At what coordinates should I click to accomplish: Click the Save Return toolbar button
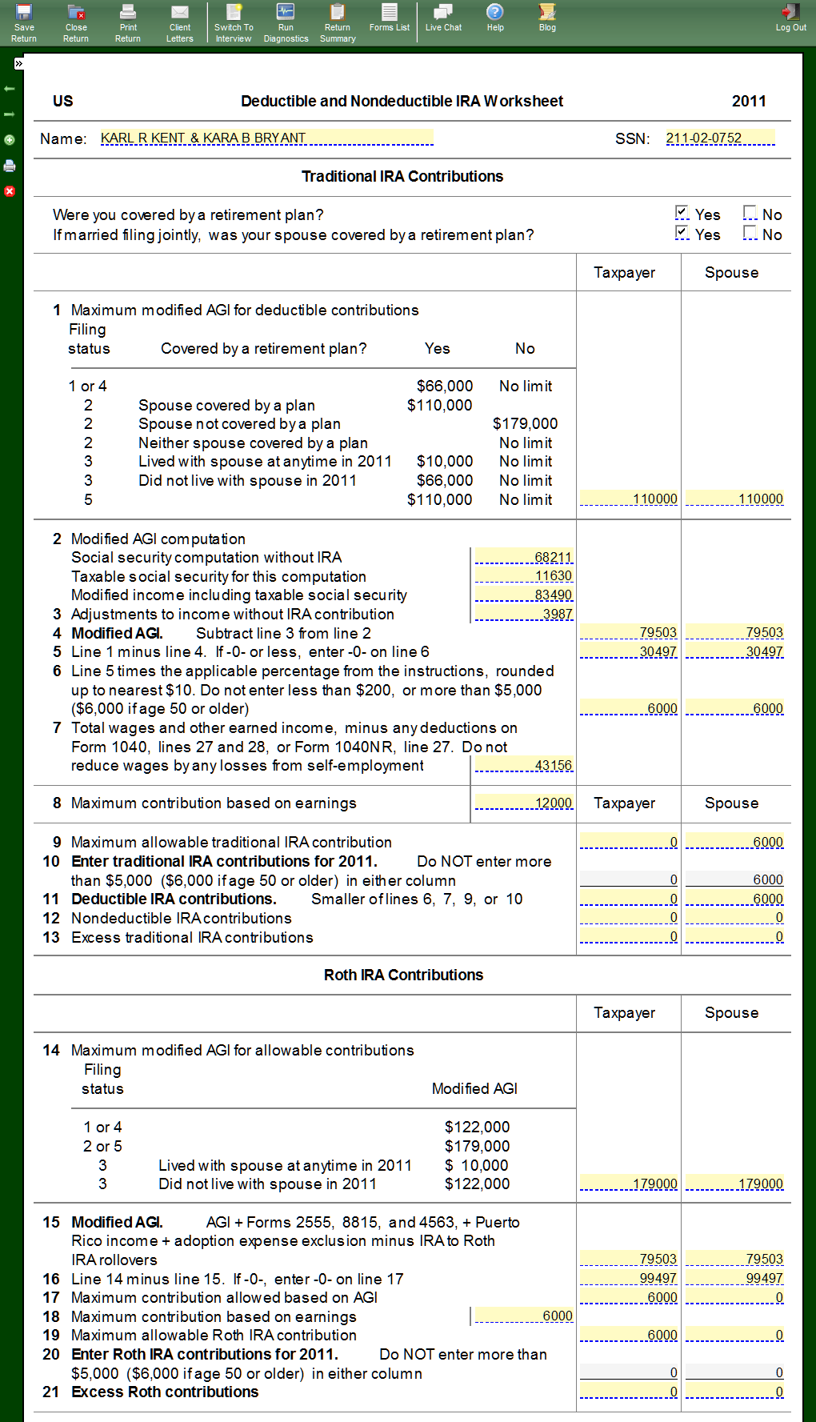(x=24, y=22)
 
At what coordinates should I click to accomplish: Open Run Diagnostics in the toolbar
(x=286, y=22)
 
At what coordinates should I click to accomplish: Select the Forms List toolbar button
(x=390, y=18)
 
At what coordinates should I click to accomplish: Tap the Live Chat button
(x=443, y=18)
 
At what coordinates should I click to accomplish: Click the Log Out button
(x=790, y=18)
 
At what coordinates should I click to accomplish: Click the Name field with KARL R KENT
(x=266, y=138)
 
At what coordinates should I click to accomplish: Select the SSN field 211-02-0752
(x=720, y=138)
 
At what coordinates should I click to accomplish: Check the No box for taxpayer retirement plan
(x=750, y=213)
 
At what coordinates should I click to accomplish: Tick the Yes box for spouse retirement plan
(x=682, y=233)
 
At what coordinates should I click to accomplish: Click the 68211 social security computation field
(x=524, y=557)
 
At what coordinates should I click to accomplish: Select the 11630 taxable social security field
(x=524, y=576)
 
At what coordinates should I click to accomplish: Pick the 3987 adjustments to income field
(x=524, y=614)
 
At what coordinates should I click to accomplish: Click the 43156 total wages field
(x=524, y=766)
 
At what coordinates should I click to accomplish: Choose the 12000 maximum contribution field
(x=524, y=803)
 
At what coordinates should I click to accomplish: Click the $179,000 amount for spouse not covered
(x=525, y=424)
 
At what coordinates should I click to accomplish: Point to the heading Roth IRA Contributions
(x=403, y=975)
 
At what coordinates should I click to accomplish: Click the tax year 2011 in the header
(x=748, y=101)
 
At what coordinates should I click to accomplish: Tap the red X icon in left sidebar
(x=10, y=191)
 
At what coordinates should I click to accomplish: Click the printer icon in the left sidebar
(x=10, y=166)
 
